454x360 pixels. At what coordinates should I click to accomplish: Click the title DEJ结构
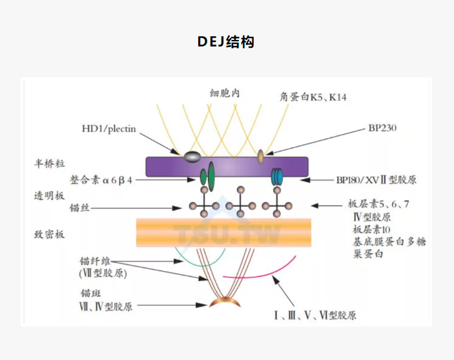point(226,43)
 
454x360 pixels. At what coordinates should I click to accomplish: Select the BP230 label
point(381,128)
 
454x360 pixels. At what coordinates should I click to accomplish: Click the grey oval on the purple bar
point(192,155)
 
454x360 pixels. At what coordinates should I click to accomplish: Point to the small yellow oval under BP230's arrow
point(261,155)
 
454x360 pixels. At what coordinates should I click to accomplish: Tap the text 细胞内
point(225,93)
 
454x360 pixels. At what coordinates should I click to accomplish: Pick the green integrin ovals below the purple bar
point(207,176)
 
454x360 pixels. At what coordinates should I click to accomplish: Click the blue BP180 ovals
point(276,176)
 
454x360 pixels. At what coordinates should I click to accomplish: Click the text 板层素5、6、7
point(378,205)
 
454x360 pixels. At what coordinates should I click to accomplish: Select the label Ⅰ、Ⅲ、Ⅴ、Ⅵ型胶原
point(315,315)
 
